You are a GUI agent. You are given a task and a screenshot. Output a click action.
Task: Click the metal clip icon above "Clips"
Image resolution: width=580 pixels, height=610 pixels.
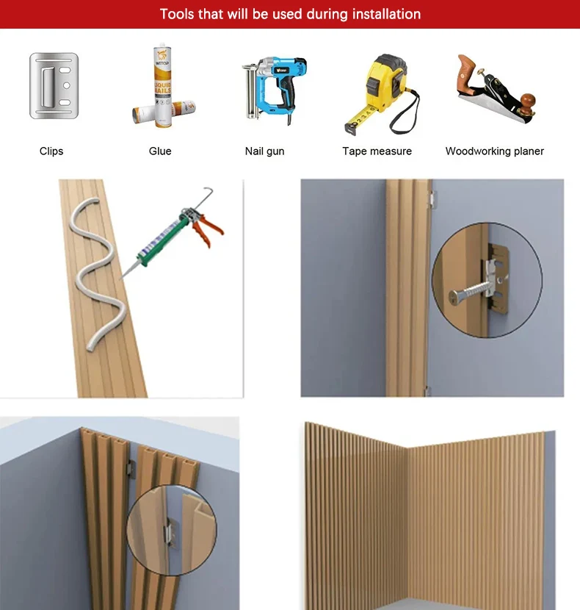pos(54,85)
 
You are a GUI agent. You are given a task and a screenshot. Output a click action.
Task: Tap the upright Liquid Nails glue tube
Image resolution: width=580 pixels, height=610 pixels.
pos(162,87)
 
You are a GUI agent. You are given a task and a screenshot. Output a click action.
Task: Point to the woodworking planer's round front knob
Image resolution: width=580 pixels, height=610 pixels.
pos(528,101)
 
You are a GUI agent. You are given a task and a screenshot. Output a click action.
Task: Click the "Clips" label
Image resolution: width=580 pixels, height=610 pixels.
pos(51,151)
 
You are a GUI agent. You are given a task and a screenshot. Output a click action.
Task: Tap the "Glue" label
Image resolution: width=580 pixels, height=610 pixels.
pos(160,151)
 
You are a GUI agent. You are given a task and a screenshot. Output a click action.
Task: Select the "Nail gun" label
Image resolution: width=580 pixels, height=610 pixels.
pos(265,151)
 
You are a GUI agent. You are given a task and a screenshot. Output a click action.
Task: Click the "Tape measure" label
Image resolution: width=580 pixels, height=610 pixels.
pos(377,151)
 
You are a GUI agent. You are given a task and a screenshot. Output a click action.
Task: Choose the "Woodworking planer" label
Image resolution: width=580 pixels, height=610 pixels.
pos(495,151)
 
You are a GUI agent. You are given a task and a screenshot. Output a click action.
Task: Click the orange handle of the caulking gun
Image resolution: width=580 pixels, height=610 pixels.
pos(208,229)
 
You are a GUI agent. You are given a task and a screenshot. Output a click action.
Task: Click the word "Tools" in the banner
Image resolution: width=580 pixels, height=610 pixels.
pos(177,14)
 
